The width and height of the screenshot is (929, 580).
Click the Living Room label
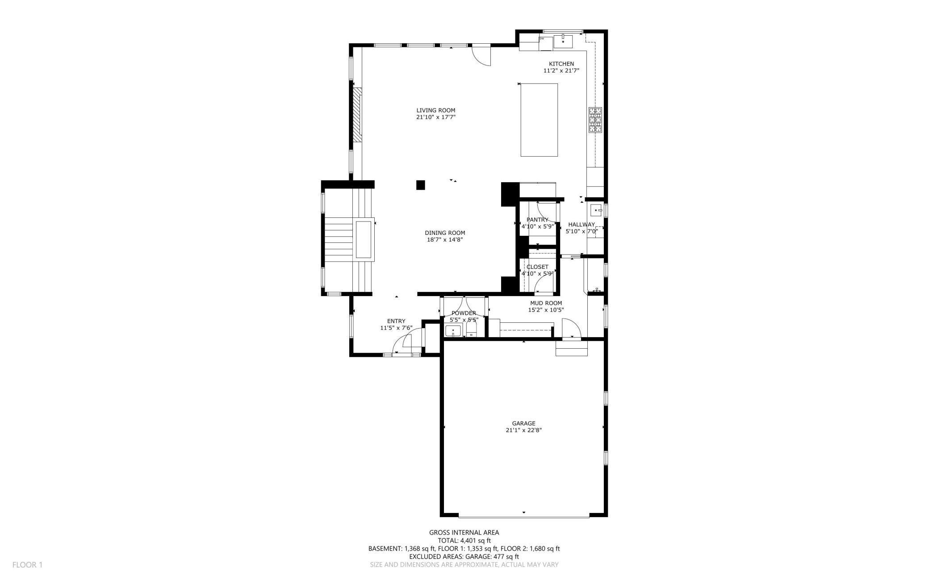[435, 110]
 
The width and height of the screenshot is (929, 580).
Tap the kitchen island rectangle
[539, 120]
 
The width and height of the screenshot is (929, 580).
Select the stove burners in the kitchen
[595, 120]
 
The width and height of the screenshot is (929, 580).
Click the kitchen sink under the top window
[563, 42]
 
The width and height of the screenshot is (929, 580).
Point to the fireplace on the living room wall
[357, 115]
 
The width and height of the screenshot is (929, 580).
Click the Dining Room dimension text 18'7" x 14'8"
[444, 240]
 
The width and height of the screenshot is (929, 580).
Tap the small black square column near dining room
[420, 185]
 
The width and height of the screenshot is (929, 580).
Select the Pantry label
[537, 220]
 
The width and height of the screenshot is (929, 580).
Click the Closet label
[537, 267]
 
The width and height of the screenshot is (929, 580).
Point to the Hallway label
[581, 225]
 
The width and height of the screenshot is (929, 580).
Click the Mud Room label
[546, 303]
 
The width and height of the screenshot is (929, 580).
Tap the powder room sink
[453, 331]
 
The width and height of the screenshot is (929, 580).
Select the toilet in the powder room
[471, 330]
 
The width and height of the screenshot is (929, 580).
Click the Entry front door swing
[404, 342]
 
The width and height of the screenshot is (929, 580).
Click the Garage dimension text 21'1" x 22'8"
[523, 430]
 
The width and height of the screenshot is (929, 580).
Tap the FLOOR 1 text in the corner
[27, 565]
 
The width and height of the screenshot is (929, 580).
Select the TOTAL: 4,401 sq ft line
[464, 541]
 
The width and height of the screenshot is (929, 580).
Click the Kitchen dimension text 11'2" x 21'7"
[561, 71]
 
